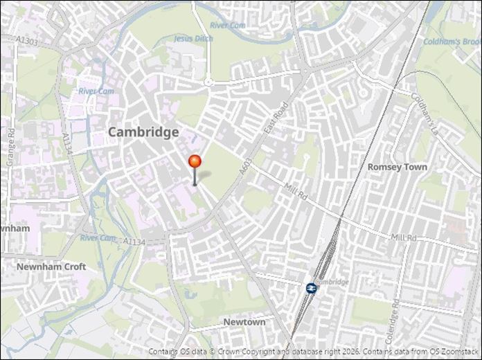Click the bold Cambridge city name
pyautogui.click(x=143, y=132)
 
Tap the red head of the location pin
pyautogui.click(x=195, y=162)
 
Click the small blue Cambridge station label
pyautogui.click(x=333, y=282)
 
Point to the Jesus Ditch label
pyautogui.click(x=193, y=39)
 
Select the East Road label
pyautogui.click(x=276, y=118)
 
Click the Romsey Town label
pyautogui.click(x=397, y=167)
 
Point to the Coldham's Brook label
pyautogui.click(x=453, y=42)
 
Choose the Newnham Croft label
pyautogui.click(x=51, y=267)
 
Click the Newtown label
pyautogui.click(x=244, y=323)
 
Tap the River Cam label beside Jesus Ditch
pyautogui.click(x=229, y=26)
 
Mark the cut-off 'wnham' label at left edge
pyautogui.click(x=15, y=228)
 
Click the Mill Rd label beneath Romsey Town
pyautogui.click(x=403, y=237)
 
